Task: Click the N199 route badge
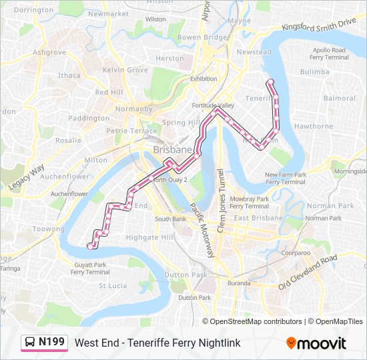(44, 343)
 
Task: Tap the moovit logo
(316, 343)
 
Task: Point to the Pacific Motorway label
(201, 231)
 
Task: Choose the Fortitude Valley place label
(214, 105)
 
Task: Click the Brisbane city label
(171, 150)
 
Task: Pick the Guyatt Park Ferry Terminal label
(90, 268)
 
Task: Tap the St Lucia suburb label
(112, 285)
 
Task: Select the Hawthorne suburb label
(313, 126)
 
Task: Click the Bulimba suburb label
(314, 71)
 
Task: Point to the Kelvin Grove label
(125, 70)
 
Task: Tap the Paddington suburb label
(89, 118)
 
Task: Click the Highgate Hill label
(150, 237)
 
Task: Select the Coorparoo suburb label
(296, 253)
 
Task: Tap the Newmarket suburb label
(108, 14)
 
